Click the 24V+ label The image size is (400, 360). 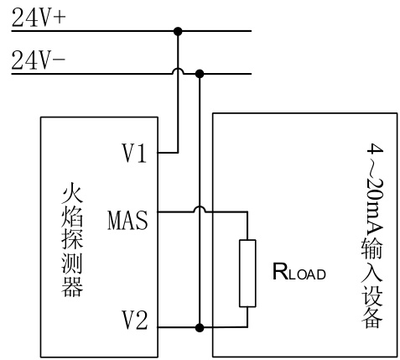point(39,18)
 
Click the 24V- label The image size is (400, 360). point(39,60)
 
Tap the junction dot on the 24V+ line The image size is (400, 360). point(178,31)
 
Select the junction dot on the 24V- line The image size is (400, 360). point(200,74)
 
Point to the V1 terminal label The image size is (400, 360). point(134,153)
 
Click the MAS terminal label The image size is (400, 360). point(127,221)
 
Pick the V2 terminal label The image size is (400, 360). point(134,320)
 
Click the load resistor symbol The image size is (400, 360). point(247,273)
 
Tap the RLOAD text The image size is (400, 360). point(299,272)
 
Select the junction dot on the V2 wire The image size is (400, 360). point(200,327)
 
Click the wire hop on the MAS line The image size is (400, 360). point(200,209)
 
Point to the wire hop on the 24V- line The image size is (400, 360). point(178,71)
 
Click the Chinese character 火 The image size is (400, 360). point(72,193)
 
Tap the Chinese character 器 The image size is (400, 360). point(72,287)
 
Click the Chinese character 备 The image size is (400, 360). point(371,317)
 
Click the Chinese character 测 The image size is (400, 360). point(72,263)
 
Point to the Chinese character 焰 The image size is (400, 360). point(72,217)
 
